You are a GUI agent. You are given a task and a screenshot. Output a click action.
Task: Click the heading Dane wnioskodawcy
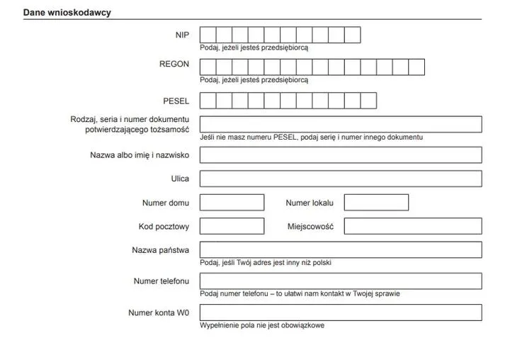point(67,13)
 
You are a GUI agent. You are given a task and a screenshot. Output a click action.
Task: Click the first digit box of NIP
point(208,35)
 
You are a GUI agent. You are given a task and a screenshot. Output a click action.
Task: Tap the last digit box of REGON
point(416,67)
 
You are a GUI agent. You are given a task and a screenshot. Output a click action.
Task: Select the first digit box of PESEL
point(208,101)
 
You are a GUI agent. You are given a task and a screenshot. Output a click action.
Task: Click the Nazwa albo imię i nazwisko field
point(341,155)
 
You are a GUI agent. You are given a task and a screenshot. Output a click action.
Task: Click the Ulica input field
point(341,179)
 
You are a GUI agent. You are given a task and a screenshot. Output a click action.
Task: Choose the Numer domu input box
point(232,203)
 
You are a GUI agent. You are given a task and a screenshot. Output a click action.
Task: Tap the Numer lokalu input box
point(376,203)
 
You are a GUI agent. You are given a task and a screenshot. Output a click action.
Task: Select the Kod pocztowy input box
point(232,226)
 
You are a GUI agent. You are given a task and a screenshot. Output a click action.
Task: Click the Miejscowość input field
point(413,226)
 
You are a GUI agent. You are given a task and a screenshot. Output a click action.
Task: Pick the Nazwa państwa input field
point(341,249)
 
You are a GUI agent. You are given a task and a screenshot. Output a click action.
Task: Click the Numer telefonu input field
point(341,281)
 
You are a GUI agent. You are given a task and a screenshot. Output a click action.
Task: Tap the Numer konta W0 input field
point(341,313)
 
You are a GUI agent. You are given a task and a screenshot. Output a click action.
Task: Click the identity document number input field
point(341,124)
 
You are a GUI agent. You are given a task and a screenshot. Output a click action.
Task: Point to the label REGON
point(174,64)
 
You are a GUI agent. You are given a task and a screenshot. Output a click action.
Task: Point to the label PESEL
point(176,101)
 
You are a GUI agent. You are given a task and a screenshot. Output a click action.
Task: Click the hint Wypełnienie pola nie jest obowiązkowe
point(262,325)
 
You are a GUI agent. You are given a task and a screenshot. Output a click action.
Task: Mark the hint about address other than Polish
point(266,262)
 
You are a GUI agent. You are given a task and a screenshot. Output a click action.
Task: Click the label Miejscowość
point(310,226)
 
